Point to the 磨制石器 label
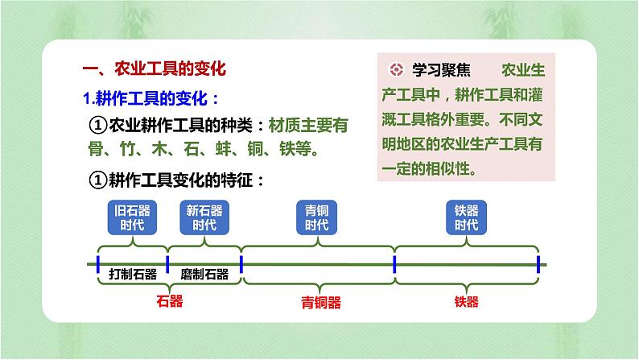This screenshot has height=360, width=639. pos(204,274)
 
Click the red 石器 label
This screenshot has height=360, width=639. pos(170,301)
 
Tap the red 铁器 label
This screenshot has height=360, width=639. pos(466,302)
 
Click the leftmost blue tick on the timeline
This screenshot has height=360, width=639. pos(97,264)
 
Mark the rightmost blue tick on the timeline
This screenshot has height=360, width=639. pos(538,264)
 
